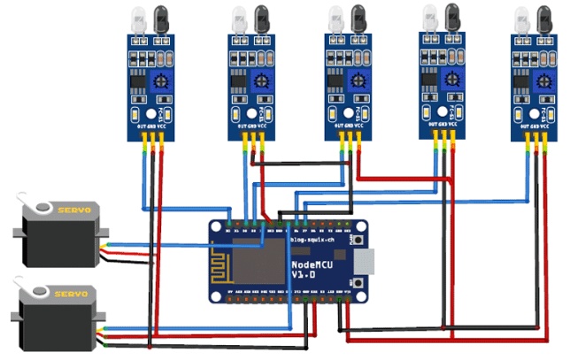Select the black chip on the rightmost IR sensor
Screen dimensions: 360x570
pyautogui.click(x=523, y=88)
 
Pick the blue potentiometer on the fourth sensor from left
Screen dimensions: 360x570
pyautogui.click(x=453, y=79)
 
